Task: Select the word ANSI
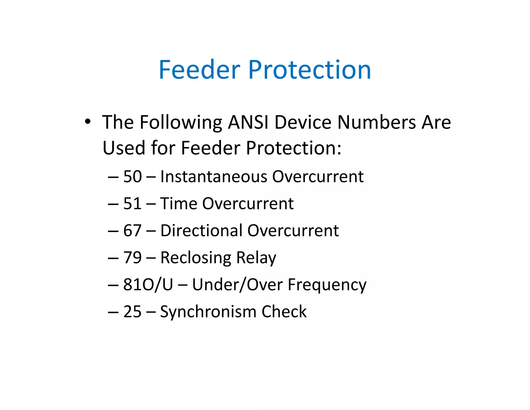[x=248, y=122]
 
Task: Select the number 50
[x=132, y=177]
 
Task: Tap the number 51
[x=132, y=204]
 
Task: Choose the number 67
[x=132, y=231]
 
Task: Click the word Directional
[x=201, y=231]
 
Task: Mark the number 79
[x=132, y=258]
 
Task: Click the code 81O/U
[x=148, y=285]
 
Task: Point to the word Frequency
[x=327, y=285]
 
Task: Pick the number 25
[x=132, y=312]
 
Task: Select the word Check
[x=284, y=312]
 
